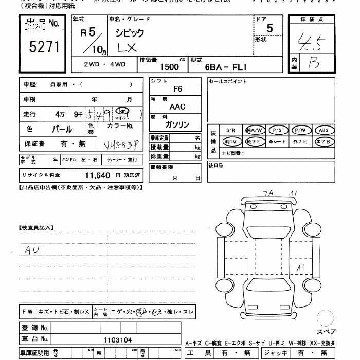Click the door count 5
[270, 29]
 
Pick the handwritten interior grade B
[313, 62]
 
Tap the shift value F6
[177, 89]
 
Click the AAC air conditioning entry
[177, 106]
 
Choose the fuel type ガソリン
[177, 124]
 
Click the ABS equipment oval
[323, 130]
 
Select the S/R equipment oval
[230, 130]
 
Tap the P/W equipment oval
[300, 130]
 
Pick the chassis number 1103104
[118, 339]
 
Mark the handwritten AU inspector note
[32, 250]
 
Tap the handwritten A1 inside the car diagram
[301, 267]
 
